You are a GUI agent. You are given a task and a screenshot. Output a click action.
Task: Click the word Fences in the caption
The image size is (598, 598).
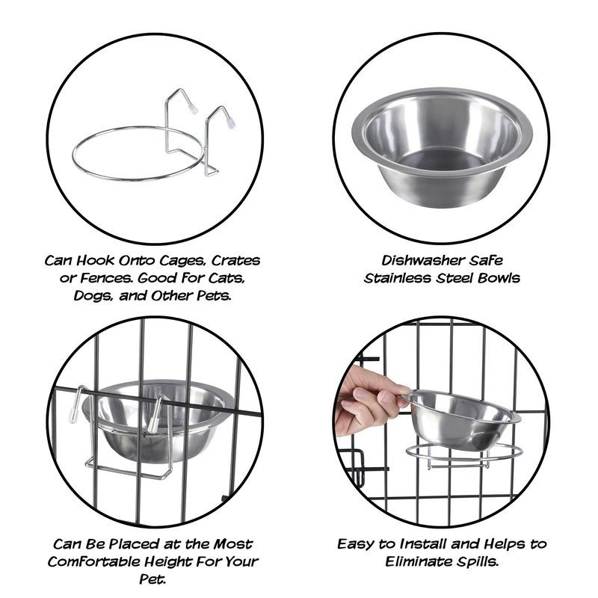pos(103,278)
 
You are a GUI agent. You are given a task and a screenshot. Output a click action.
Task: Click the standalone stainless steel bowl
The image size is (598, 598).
pos(442,152)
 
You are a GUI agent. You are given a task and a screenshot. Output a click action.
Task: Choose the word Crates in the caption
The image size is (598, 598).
pos(235,261)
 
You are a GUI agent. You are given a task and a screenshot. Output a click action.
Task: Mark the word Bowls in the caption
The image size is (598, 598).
pos(499,278)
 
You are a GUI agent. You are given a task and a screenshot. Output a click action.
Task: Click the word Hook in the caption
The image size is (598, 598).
pos(96,260)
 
